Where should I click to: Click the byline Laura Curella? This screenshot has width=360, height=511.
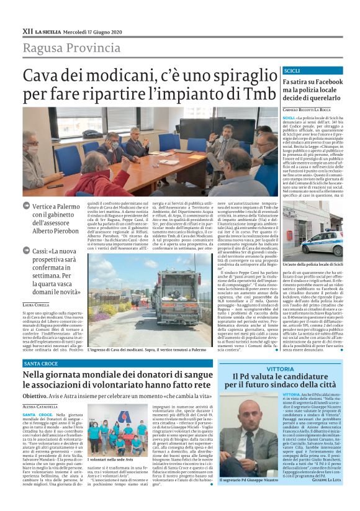35,305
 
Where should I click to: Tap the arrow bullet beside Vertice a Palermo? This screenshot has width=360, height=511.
26,206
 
